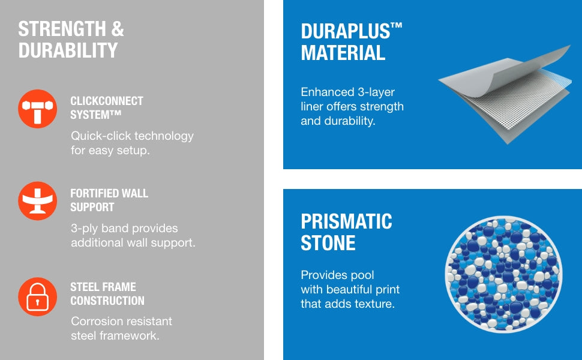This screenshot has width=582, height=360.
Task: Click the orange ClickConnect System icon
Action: [37, 109]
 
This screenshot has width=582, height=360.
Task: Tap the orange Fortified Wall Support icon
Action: [37, 201]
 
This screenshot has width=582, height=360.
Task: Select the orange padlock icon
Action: [37, 296]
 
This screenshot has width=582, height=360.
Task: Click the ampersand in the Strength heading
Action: [117, 29]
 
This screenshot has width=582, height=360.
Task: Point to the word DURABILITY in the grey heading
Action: [68, 50]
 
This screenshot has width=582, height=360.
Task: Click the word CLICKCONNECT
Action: [107, 101]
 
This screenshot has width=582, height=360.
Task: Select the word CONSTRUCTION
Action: [107, 301]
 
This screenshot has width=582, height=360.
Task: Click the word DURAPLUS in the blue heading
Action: [346, 31]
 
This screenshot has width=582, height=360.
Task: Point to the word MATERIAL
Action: [343, 53]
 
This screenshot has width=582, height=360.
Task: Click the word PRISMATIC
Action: [346, 221]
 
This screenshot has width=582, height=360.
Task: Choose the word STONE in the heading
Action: [328, 243]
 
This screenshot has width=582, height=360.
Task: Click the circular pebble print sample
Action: [503, 274]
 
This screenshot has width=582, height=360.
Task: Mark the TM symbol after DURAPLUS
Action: [397, 26]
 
